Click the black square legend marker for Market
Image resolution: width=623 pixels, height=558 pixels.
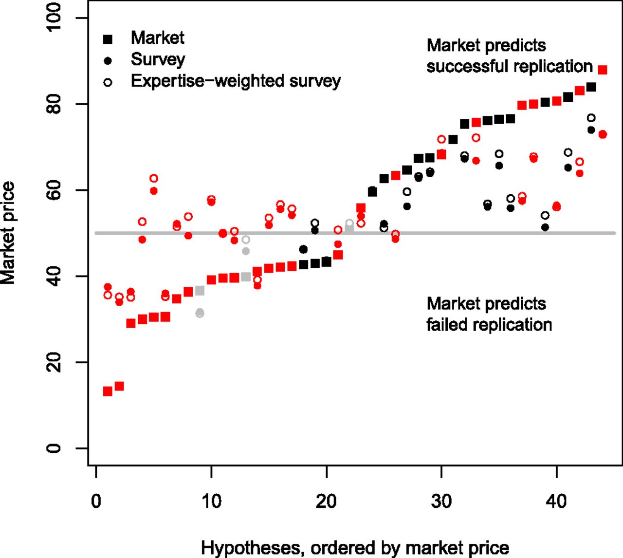point(108,39)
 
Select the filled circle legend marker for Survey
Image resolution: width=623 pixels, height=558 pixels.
point(108,61)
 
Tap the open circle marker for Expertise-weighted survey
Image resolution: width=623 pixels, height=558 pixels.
point(108,82)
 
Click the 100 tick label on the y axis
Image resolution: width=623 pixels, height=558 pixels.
point(54,18)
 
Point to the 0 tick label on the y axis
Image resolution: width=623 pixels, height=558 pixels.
point(54,448)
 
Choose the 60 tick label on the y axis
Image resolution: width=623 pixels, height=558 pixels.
point(54,190)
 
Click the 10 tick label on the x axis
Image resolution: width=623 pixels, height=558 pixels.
point(211,501)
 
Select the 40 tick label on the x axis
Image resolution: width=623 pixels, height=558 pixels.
point(556,501)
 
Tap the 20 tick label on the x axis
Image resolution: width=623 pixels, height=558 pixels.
point(326,501)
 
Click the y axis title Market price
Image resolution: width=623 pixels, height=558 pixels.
point(9,233)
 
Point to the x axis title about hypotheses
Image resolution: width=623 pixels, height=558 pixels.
point(355,548)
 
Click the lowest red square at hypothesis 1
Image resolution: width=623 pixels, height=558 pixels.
point(108,391)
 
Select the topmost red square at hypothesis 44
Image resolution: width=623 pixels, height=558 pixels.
point(603,70)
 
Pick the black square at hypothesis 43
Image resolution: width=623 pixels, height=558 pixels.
point(591,87)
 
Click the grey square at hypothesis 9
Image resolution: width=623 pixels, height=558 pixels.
point(200,291)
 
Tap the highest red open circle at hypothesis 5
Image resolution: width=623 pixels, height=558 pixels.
point(154,178)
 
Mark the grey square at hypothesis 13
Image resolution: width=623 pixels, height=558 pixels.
point(246,277)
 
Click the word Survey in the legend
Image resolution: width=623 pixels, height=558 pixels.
point(158,59)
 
